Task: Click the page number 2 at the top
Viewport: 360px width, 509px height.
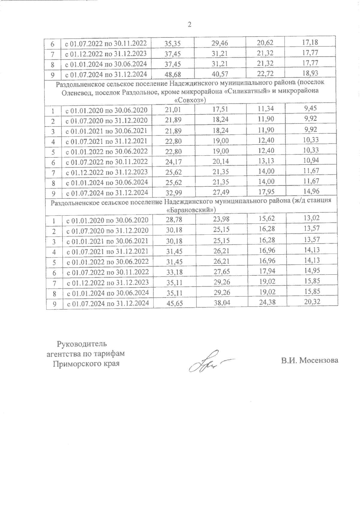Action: click(x=189, y=25)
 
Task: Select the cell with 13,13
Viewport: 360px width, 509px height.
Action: click(x=266, y=161)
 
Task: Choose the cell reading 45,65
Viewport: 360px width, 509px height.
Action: click(x=174, y=303)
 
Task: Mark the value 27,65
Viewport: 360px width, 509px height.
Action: click(x=221, y=272)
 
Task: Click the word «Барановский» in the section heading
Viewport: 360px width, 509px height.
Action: click(x=191, y=210)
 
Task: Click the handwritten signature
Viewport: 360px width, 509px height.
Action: click(x=207, y=361)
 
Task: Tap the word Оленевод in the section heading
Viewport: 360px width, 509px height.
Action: click(x=76, y=91)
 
